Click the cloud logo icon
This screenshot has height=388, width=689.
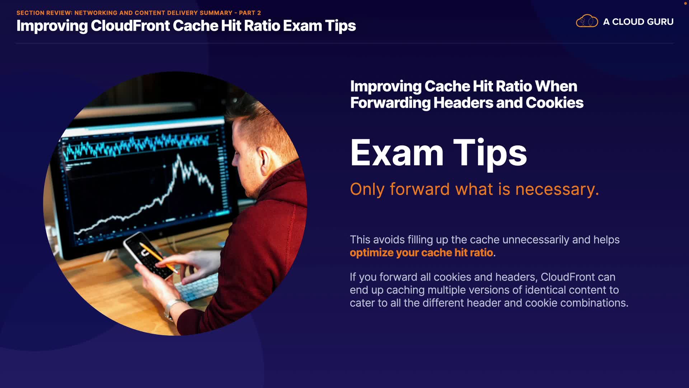[x=587, y=21]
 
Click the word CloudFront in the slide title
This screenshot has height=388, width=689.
[x=130, y=26]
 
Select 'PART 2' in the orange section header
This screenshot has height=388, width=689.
[x=250, y=13]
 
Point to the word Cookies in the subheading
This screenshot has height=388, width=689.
[x=554, y=103]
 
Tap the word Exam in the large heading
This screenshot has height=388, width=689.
[x=397, y=153]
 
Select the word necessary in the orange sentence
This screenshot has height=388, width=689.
[x=557, y=189]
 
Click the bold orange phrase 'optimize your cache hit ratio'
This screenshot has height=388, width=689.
[x=421, y=253]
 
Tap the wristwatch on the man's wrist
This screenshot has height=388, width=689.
[x=172, y=309]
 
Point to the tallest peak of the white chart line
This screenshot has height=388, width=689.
[x=178, y=156]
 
